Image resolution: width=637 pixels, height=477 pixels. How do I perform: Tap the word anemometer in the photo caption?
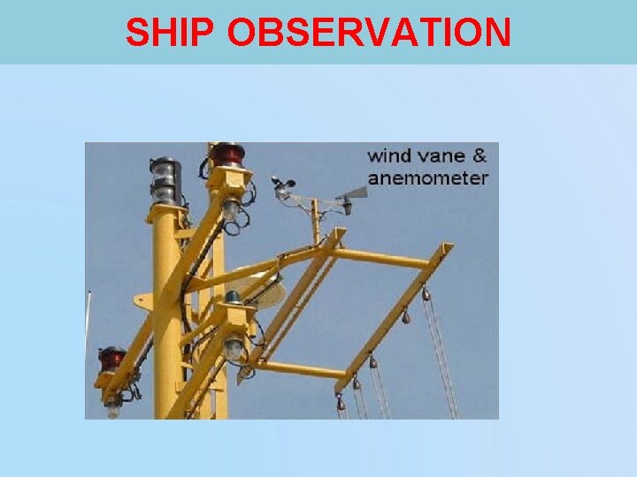click(x=427, y=178)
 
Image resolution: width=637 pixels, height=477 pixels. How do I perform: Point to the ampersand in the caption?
click(x=479, y=156)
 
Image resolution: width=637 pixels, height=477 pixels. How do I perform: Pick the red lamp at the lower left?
click(x=111, y=359)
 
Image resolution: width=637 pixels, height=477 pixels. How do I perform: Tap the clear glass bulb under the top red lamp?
click(x=231, y=210)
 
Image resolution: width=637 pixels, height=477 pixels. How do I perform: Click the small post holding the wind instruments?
click(x=314, y=221)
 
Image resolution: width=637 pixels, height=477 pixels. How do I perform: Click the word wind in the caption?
click(x=388, y=156)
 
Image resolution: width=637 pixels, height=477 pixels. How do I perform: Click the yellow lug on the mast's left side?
click(x=142, y=299)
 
